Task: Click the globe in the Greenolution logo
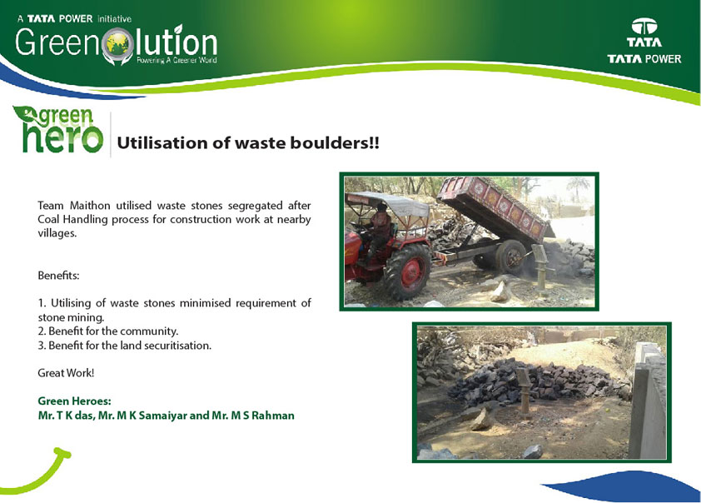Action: [x=118, y=44]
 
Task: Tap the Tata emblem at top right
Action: [x=644, y=27]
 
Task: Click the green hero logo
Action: [x=58, y=130]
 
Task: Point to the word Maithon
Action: [x=90, y=206]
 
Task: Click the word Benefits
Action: [x=58, y=276]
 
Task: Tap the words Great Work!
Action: [x=66, y=373]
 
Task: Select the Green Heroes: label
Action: [x=75, y=401]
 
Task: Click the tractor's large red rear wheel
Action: [x=408, y=271]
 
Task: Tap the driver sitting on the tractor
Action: [x=380, y=232]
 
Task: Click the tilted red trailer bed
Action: [x=495, y=208]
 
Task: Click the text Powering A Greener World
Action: [x=176, y=60]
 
